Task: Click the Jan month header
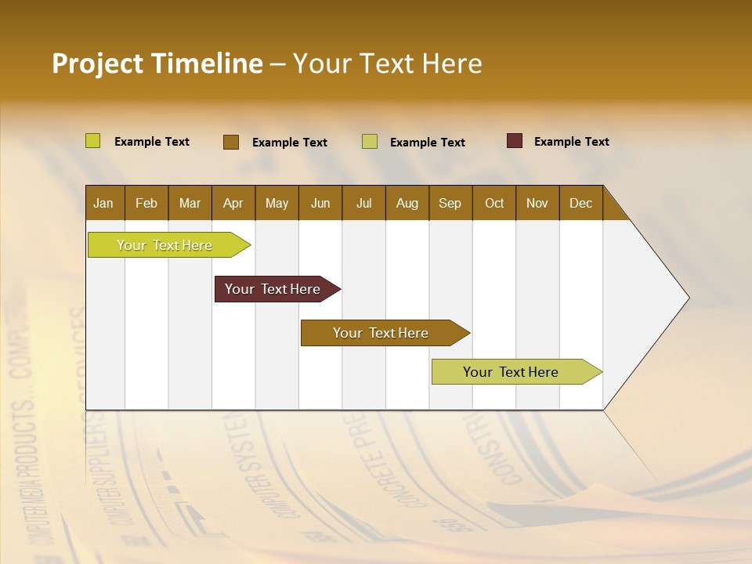tap(103, 203)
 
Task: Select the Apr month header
tap(233, 203)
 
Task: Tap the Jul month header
tap(363, 203)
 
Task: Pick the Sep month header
tap(450, 203)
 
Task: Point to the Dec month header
tap(580, 203)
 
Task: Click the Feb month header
tap(146, 203)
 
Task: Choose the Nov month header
tap(537, 203)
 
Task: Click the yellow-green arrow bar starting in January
tap(164, 245)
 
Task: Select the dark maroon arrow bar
tap(273, 289)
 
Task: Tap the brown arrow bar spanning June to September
tap(381, 333)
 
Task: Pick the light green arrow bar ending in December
tap(511, 372)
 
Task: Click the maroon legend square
tap(515, 141)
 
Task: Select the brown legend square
tap(231, 142)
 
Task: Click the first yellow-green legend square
tap(93, 141)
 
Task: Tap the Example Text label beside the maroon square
tap(571, 141)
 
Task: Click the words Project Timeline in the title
tap(157, 63)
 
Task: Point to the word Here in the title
tap(452, 63)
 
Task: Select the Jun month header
tap(320, 203)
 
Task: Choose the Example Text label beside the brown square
tap(289, 142)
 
